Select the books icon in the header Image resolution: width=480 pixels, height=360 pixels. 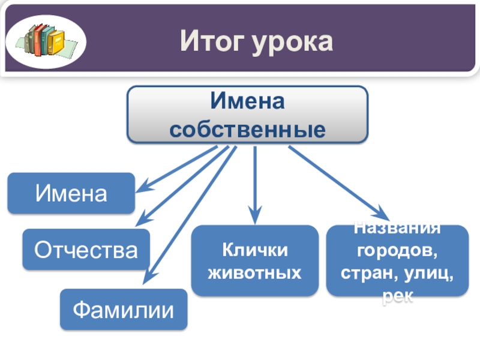point(46,40)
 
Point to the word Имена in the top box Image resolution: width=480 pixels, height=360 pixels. point(247,102)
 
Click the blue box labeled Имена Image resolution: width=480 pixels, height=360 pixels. point(71,194)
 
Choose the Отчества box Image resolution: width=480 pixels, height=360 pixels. point(86,250)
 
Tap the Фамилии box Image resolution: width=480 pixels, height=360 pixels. point(123,310)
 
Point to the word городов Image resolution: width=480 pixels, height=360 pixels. point(397,249)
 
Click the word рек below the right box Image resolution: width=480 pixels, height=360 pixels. point(397,296)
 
